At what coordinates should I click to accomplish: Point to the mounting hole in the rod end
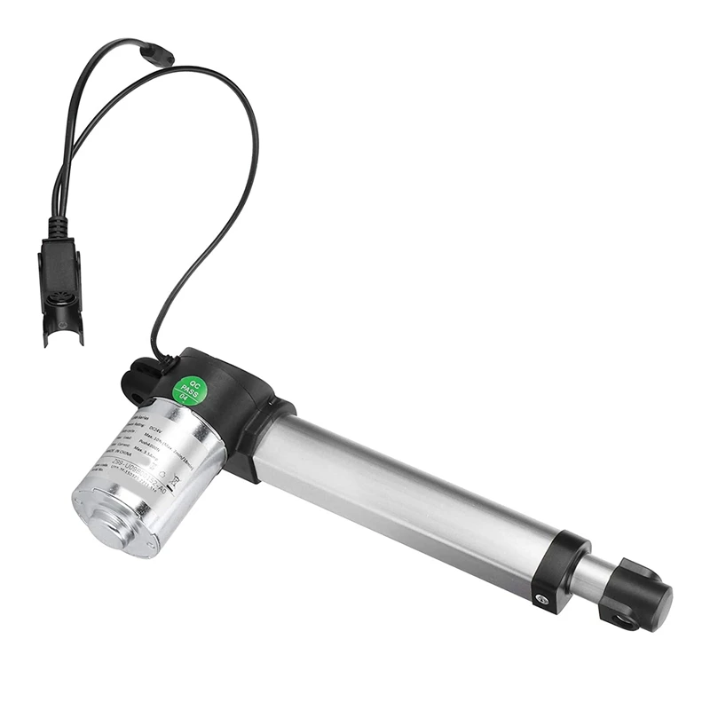[x=624, y=619]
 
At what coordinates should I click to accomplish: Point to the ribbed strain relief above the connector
[x=59, y=225]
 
